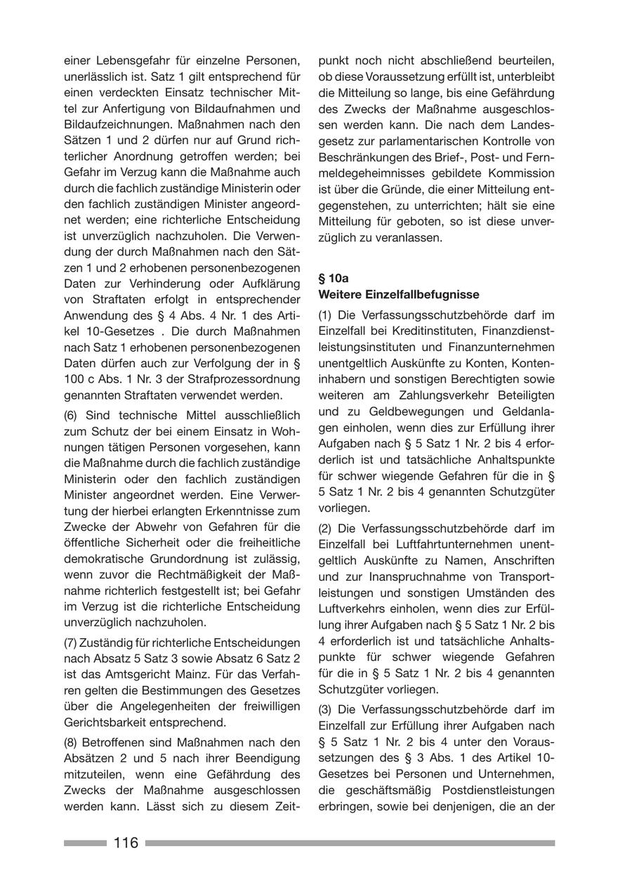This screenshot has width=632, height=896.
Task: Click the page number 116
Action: pos(126,843)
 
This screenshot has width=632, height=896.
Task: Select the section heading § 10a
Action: pos(334,278)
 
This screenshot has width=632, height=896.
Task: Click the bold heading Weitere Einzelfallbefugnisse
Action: pos(399,294)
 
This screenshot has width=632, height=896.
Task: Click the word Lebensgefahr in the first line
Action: pos(126,60)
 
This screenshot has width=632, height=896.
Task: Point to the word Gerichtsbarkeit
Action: pos(105,722)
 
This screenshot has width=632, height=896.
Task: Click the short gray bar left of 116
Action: pos(85,843)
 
